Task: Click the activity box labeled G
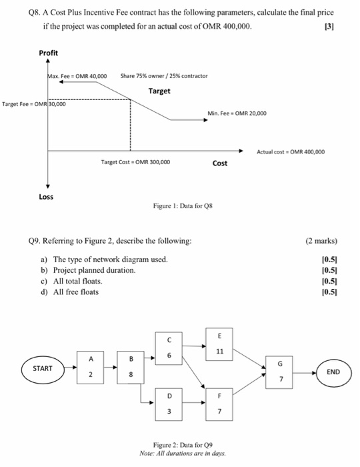click(281, 371)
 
